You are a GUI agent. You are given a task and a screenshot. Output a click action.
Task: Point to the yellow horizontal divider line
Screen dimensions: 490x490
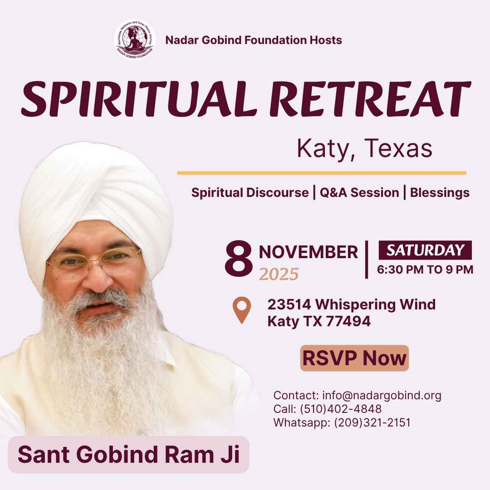click(321, 173)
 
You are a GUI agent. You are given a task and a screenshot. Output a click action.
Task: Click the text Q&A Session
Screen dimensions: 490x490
click(359, 193)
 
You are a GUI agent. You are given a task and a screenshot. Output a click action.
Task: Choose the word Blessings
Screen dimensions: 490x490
click(440, 193)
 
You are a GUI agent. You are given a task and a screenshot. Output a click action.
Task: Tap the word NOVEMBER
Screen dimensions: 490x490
click(309, 252)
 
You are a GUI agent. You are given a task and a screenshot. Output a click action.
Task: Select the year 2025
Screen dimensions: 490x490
click(279, 274)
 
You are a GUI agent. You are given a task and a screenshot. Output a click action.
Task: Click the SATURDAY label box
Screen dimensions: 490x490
click(425, 250)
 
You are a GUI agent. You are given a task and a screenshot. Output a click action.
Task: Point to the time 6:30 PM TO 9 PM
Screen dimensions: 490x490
click(425, 270)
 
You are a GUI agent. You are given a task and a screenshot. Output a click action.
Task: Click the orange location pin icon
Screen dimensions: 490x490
click(241, 310)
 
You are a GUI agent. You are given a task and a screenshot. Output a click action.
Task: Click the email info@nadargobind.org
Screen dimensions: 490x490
click(382, 395)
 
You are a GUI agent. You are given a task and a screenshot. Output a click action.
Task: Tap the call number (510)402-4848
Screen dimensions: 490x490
click(341, 409)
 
